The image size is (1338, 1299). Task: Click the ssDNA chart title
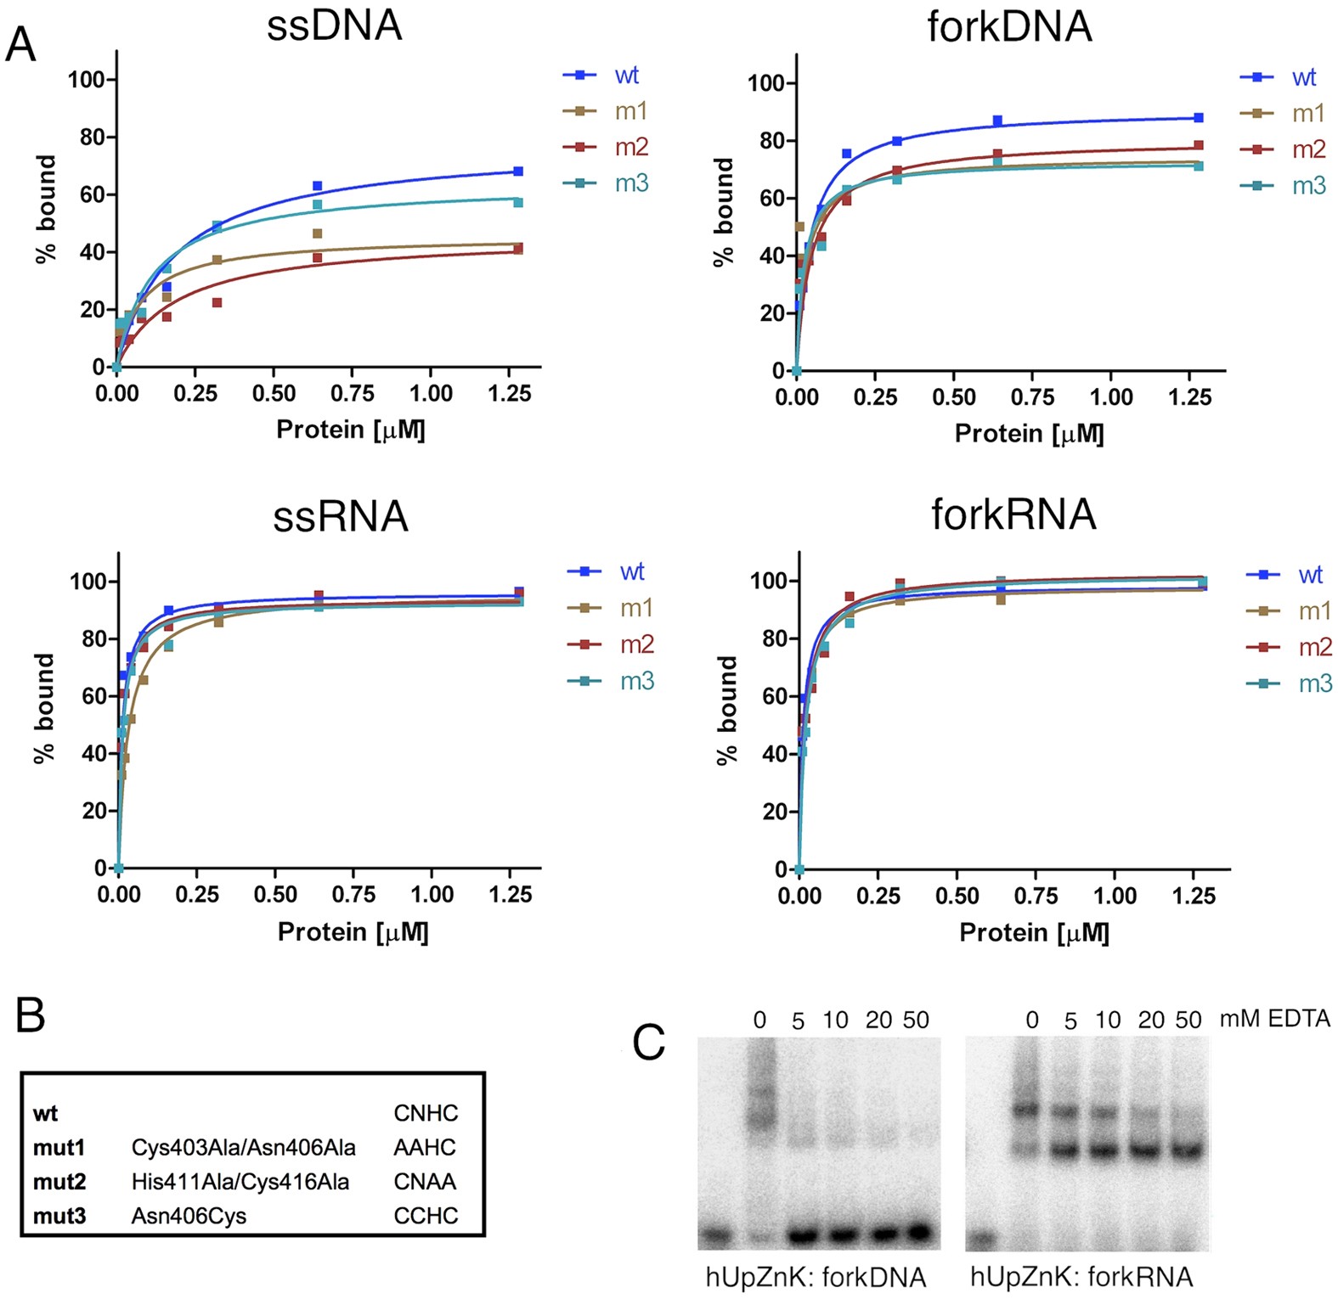pyautogui.click(x=334, y=25)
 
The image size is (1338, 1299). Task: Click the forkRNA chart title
pyautogui.click(x=1013, y=515)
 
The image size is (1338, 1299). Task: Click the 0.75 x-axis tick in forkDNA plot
pyautogui.click(x=1032, y=397)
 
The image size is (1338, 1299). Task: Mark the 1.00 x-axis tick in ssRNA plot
pyautogui.click(x=432, y=895)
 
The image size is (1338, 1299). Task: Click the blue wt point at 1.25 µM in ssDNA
pyautogui.click(x=518, y=172)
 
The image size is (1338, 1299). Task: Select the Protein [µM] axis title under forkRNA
pyautogui.click(x=1034, y=932)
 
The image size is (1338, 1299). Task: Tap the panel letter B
pyautogui.click(x=31, y=1015)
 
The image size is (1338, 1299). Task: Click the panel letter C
pyautogui.click(x=649, y=1043)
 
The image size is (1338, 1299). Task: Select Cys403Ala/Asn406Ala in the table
pyautogui.click(x=243, y=1148)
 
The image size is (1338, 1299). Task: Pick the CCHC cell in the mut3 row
pyautogui.click(x=426, y=1216)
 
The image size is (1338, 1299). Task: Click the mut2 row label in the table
pyautogui.click(x=59, y=1182)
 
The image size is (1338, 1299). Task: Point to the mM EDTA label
pyautogui.click(x=1274, y=1018)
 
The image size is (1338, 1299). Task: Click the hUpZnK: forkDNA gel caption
pyautogui.click(x=816, y=1276)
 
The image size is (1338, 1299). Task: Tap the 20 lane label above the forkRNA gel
pyautogui.click(x=1150, y=1021)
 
